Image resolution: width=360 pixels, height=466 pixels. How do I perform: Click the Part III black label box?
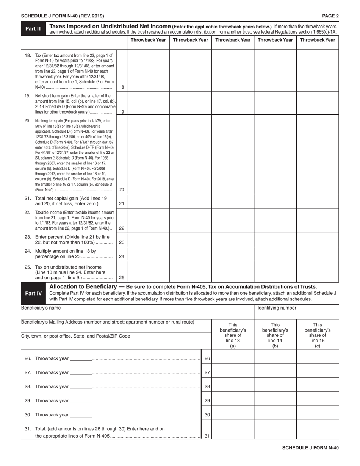(33, 29)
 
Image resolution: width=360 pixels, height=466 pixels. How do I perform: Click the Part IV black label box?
(33, 293)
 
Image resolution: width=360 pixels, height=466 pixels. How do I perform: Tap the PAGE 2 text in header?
(330, 16)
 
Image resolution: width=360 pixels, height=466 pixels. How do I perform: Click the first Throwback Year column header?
(148, 40)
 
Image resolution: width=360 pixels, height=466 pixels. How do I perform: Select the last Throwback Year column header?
(318, 40)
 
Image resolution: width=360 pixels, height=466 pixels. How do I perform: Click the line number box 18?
(122, 87)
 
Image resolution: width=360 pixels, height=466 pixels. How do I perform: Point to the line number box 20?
(122, 189)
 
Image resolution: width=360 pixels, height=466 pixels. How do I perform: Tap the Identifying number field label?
(277, 308)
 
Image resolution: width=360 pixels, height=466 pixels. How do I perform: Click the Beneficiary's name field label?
(41, 308)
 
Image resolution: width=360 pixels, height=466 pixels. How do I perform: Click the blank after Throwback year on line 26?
(81, 358)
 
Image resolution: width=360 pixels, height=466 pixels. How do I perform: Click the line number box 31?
(207, 436)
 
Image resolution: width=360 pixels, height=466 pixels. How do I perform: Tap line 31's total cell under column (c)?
(318, 430)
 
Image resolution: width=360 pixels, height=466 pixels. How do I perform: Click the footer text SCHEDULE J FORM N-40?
(310, 448)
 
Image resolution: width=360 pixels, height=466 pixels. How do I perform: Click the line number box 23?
(122, 242)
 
